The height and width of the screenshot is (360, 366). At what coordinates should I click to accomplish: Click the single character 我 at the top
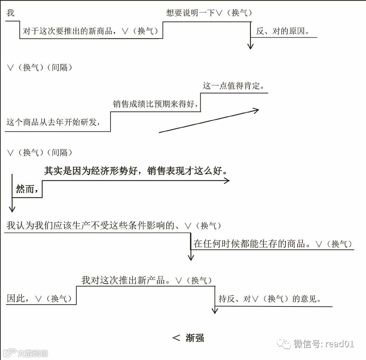tap(11, 13)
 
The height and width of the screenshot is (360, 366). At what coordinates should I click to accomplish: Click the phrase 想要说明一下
tap(191, 13)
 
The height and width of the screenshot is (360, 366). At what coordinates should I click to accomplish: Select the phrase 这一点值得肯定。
tap(233, 86)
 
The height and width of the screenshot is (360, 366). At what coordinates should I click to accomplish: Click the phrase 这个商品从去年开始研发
tap(52, 122)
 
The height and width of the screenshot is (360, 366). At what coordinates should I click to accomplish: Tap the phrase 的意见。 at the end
tap(307, 299)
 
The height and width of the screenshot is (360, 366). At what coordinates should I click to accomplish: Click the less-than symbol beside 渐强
tap(176, 338)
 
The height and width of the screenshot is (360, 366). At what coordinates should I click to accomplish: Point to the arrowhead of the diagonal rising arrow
tap(256, 110)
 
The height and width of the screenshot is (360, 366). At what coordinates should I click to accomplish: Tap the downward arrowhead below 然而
tap(13, 209)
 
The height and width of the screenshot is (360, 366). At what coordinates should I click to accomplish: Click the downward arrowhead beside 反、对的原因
tap(251, 46)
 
